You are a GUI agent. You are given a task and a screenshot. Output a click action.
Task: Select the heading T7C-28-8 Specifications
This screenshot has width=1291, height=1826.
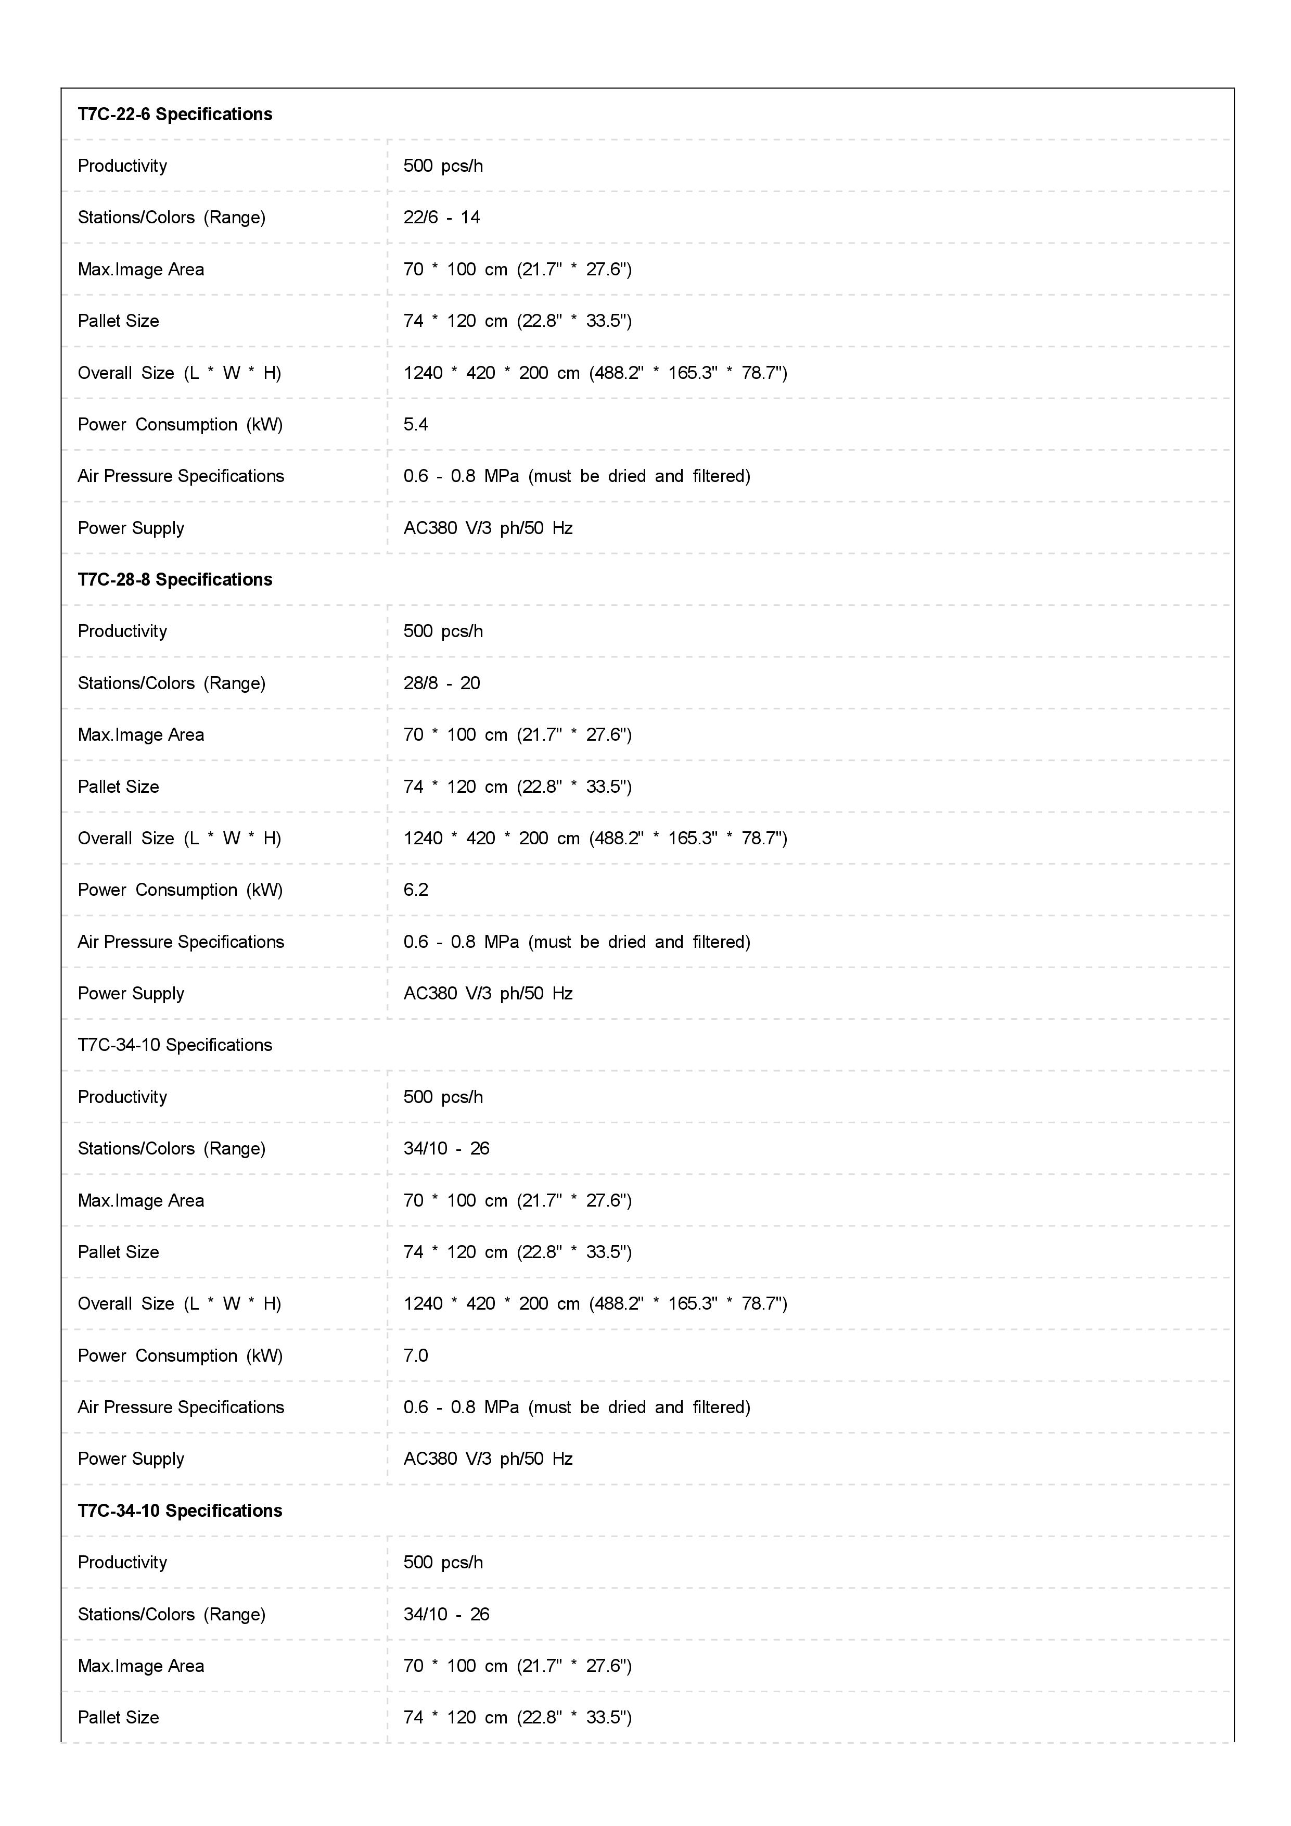click(175, 580)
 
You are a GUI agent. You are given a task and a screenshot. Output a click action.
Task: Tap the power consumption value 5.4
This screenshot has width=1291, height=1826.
click(416, 425)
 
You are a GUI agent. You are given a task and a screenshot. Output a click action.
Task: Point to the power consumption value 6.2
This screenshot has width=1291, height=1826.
click(416, 890)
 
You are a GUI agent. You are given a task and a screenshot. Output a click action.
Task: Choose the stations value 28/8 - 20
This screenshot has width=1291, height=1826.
click(441, 683)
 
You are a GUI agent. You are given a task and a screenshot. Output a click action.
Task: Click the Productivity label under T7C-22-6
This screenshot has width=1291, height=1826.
click(122, 166)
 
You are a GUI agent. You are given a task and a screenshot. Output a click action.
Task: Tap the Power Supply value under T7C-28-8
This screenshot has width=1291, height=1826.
click(488, 993)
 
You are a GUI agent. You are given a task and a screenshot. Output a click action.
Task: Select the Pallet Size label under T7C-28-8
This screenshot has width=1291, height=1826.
click(119, 787)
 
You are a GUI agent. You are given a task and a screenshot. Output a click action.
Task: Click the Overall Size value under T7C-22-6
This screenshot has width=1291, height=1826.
click(595, 373)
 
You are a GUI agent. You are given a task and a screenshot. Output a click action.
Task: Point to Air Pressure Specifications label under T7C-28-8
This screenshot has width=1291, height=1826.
click(181, 942)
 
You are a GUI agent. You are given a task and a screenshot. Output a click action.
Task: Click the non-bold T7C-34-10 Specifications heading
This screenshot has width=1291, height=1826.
click(175, 1045)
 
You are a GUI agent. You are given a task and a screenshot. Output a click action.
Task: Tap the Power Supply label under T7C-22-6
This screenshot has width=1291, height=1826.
click(131, 528)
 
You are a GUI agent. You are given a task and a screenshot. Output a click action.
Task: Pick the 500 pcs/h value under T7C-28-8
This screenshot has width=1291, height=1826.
click(443, 631)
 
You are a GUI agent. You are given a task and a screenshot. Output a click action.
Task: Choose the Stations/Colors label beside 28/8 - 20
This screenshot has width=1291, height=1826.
click(172, 683)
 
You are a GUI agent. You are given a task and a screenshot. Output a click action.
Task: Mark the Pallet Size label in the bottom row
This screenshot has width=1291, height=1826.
click(119, 1717)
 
